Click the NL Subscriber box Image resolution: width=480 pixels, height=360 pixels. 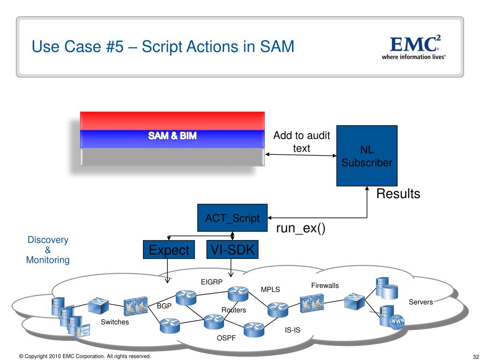tap(367, 156)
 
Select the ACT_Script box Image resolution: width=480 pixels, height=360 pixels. tap(232, 218)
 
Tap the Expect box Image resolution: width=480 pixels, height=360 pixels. tap(169, 250)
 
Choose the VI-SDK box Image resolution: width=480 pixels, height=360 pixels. tap(232, 249)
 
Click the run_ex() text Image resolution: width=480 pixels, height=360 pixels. tap(300, 229)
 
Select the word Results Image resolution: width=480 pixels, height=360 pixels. tap(398, 194)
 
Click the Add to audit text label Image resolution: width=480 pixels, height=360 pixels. tap(301, 142)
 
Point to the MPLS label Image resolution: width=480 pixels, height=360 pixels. tap(270, 289)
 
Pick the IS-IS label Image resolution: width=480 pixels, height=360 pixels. tap(292, 330)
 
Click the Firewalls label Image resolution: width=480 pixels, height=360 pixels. tap(325, 285)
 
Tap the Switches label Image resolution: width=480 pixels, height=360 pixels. tap(115, 322)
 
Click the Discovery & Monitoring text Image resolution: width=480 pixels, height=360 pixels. tap(48, 250)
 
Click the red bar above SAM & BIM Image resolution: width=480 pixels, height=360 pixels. tap(172, 120)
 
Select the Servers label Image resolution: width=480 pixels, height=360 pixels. tap(420, 302)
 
